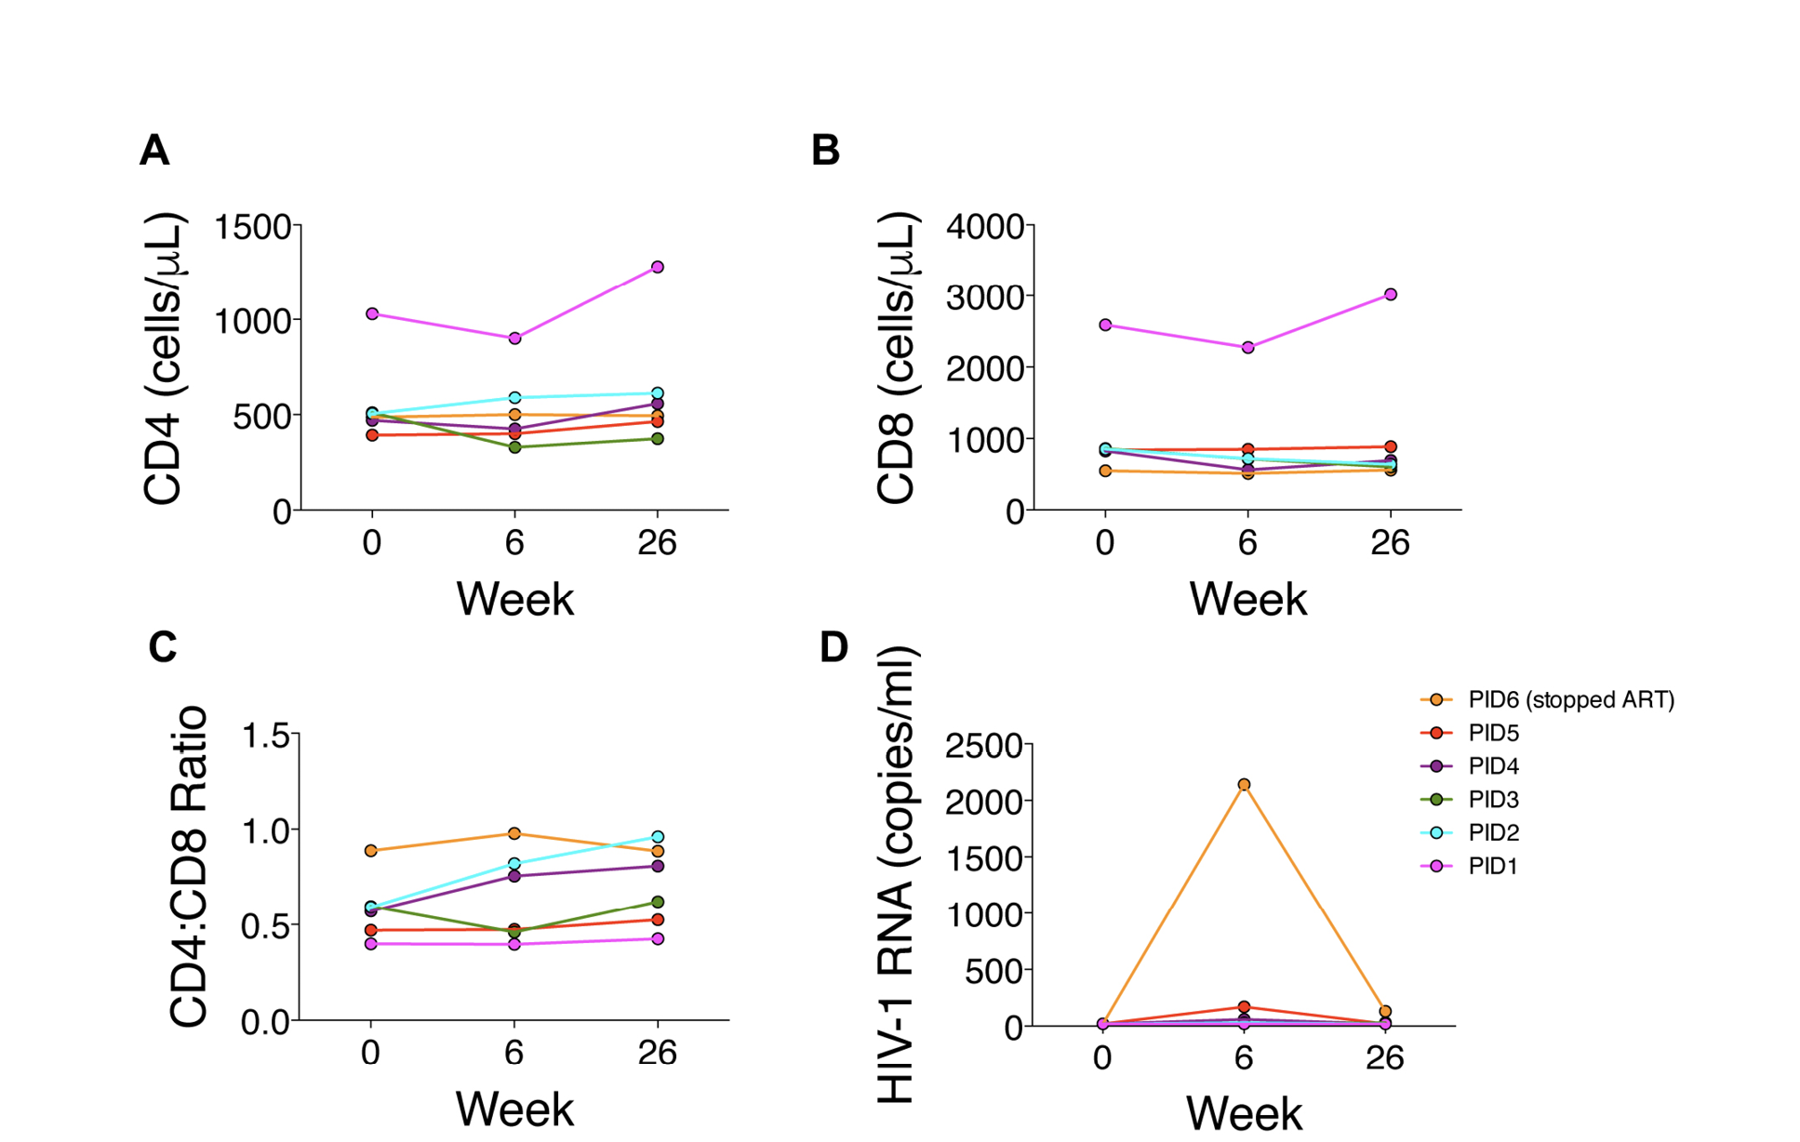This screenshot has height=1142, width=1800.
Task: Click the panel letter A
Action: pyautogui.click(x=154, y=150)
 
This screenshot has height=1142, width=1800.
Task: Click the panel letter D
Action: pyautogui.click(x=833, y=647)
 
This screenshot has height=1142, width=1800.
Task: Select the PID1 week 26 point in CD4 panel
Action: pyautogui.click(x=658, y=267)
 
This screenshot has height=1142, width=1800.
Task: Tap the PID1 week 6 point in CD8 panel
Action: pyautogui.click(x=1247, y=348)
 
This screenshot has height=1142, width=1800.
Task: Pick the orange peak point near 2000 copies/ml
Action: pyautogui.click(x=1244, y=785)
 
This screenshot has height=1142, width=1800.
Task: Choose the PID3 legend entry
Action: pyautogui.click(x=1492, y=800)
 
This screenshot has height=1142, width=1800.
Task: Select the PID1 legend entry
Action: pyautogui.click(x=1492, y=867)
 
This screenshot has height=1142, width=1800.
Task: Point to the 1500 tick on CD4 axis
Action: pyautogui.click(x=253, y=226)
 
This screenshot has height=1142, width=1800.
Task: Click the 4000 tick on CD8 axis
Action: pyautogui.click(x=984, y=226)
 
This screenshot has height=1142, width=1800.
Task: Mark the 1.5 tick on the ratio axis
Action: pyautogui.click(x=265, y=736)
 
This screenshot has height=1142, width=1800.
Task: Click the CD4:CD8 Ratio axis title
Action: pyautogui.click(x=189, y=867)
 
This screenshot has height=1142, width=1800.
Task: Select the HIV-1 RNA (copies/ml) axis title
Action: pyautogui.click(x=898, y=874)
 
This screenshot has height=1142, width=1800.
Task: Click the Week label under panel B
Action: pyautogui.click(x=1247, y=599)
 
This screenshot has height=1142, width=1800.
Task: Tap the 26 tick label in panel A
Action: pyautogui.click(x=657, y=542)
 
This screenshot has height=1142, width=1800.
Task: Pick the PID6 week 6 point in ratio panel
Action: pyautogui.click(x=514, y=833)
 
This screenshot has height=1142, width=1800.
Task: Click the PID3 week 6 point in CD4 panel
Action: pyautogui.click(x=514, y=447)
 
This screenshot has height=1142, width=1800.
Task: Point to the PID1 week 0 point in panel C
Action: pyautogui.click(x=371, y=944)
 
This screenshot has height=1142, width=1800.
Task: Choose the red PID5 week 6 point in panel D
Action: pyautogui.click(x=1244, y=1007)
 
